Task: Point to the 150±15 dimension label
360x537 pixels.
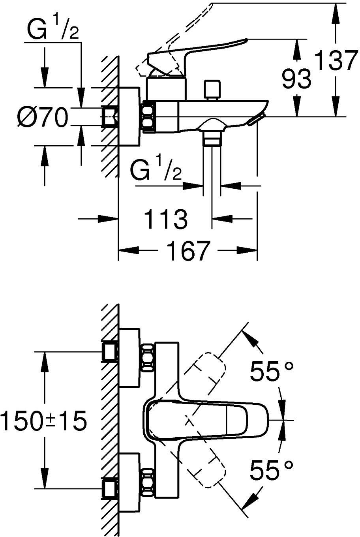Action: tap(43, 421)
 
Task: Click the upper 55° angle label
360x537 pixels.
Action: tap(272, 372)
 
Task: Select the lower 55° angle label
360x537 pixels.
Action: tap(272, 471)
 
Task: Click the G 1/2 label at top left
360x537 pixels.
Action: tap(52, 30)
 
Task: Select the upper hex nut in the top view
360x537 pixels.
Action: tap(148, 357)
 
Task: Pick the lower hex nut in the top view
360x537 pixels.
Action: tap(148, 481)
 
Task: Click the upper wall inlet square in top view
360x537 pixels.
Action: tap(109, 351)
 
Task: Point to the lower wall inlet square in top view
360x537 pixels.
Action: tap(109, 489)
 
